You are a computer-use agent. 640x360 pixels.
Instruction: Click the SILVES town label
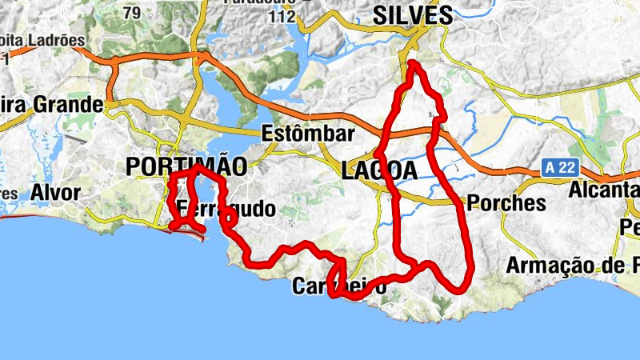tap(413, 14)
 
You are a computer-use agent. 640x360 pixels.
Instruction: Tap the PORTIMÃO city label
tap(186, 166)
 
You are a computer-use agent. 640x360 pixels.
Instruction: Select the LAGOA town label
tap(379, 170)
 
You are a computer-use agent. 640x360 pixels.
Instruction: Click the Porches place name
tap(506, 203)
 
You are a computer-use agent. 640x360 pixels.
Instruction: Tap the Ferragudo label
tap(226, 210)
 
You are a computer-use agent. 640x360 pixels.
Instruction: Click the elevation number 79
tap(132, 12)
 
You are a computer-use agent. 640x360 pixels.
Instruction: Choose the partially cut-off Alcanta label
tap(604, 190)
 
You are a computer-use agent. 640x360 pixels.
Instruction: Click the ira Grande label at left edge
tap(52, 105)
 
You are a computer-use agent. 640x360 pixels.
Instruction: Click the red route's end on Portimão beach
tap(203, 232)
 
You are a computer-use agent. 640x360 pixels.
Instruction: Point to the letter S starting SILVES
tap(381, 14)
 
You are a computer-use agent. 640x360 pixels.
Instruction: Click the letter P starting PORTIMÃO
tap(134, 166)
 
